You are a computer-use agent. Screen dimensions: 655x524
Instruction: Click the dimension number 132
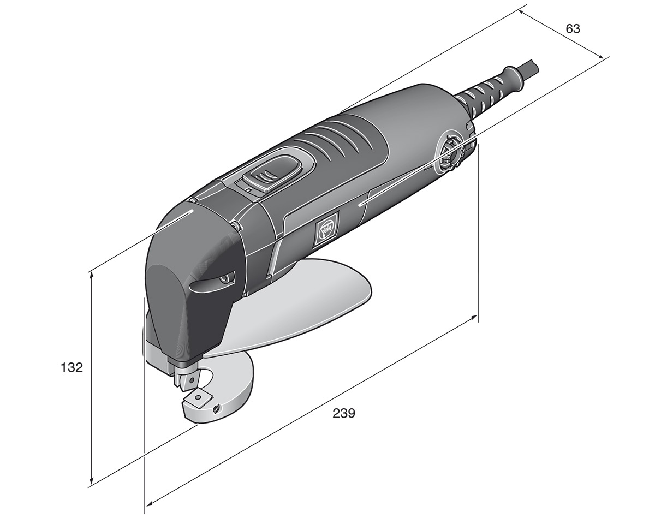coord(72,367)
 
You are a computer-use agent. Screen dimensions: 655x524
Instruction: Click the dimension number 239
coord(344,413)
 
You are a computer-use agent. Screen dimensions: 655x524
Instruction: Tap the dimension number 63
coord(573,29)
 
